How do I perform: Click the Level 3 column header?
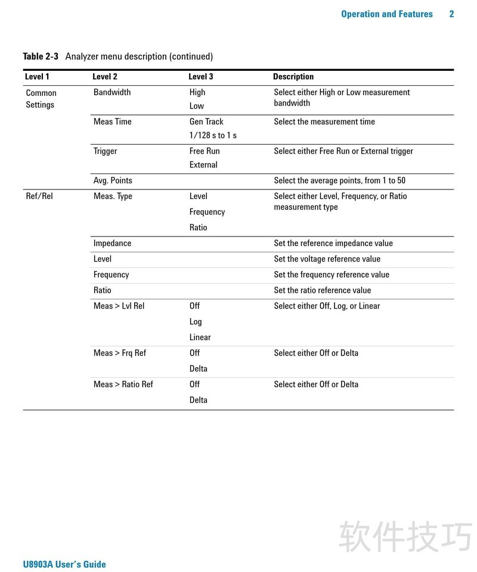tap(200, 77)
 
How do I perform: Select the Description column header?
tap(293, 77)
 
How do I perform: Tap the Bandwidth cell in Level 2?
tap(112, 92)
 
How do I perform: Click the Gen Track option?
tap(206, 122)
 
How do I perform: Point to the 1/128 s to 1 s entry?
tap(213, 135)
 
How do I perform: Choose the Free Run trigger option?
tap(205, 151)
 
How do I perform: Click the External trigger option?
tap(203, 165)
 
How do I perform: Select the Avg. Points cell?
tap(113, 181)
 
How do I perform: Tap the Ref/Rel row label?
tap(39, 196)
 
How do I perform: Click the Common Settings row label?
tap(41, 99)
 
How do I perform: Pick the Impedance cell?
tap(112, 243)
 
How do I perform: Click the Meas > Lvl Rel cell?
tap(119, 306)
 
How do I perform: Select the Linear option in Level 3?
tap(200, 337)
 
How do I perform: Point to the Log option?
tap(196, 322)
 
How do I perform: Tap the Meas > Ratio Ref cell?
tap(123, 384)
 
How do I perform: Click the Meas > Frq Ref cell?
tap(119, 353)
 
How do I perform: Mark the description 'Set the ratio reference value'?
tap(322, 291)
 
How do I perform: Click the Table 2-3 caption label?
tap(41, 57)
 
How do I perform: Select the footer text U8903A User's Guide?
tap(64, 564)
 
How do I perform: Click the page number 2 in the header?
tap(451, 14)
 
